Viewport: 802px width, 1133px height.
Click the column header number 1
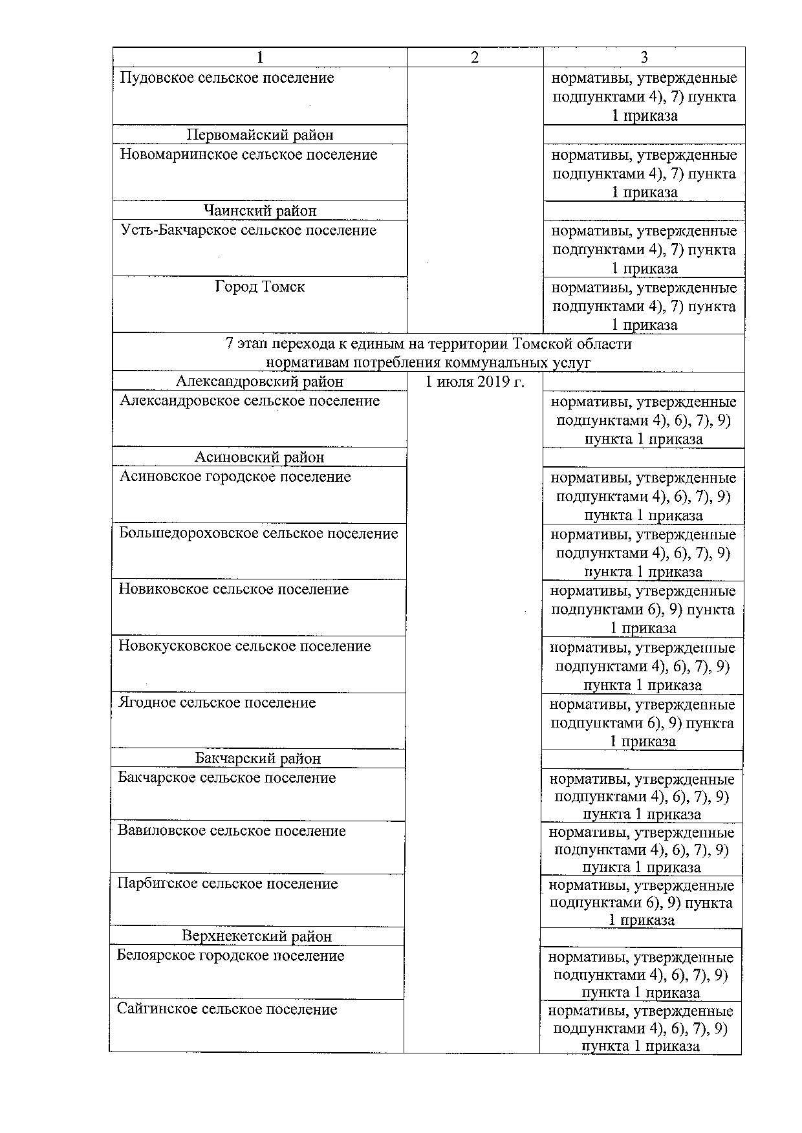pos(260,58)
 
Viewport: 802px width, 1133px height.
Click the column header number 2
pos(475,58)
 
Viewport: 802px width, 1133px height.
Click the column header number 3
pos(644,58)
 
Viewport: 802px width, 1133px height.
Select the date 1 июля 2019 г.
pos(475,382)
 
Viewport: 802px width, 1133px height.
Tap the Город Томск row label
pos(260,286)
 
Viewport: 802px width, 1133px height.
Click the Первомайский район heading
pos(260,135)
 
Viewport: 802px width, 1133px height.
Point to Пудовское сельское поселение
pos(227,78)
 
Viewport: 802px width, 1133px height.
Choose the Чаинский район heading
pos(260,211)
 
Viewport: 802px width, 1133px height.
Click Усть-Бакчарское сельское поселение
pos(248,231)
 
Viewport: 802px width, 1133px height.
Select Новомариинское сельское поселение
pos(248,155)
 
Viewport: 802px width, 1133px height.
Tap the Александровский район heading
pos(259,382)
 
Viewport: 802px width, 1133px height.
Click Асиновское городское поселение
pos(235,477)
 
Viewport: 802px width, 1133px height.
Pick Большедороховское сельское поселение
pos(258,534)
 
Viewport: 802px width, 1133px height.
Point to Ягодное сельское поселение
pos(217,703)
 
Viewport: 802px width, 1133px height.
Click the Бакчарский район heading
pos(258,759)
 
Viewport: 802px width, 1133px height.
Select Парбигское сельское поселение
pos(228,884)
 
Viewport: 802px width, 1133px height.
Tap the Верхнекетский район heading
pos(257,936)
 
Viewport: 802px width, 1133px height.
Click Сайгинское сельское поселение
pos(227,1009)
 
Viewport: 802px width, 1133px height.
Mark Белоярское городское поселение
pos(230,956)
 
